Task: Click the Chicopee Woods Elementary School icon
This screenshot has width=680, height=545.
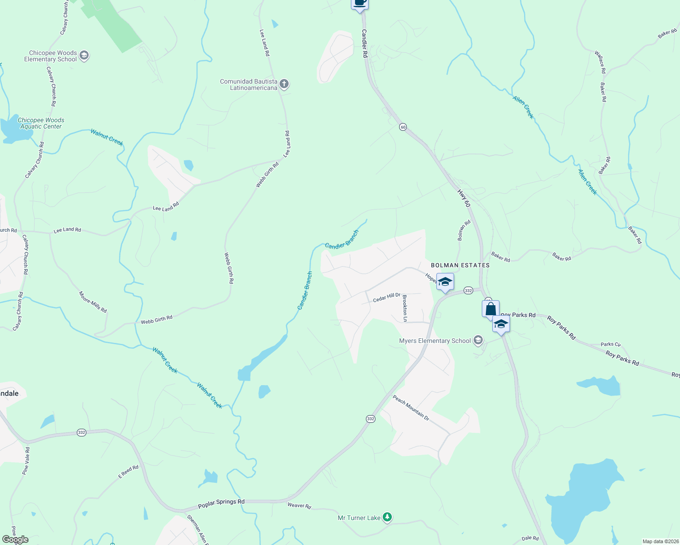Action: (x=84, y=56)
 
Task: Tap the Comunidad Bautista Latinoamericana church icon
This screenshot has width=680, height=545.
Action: (x=284, y=84)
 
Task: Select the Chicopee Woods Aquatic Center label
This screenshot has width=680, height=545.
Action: (x=41, y=123)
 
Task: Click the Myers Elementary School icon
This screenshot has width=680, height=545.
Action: (x=478, y=340)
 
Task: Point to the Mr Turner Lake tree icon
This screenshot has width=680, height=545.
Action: (x=387, y=517)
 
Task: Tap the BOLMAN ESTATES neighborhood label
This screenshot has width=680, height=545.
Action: (x=460, y=265)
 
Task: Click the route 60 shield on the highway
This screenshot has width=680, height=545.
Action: (x=403, y=127)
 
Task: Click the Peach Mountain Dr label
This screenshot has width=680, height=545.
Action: (x=411, y=408)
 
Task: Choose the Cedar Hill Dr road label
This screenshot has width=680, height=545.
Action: (x=386, y=297)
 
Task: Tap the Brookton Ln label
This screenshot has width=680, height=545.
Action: (x=405, y=308)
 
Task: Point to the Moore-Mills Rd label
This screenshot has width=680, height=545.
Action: (x=93, y=302)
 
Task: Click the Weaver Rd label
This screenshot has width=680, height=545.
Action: (x=299, y=505)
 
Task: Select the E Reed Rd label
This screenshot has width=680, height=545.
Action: (x=128, y=471)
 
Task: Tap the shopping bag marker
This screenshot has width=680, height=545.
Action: (x=490, y=309)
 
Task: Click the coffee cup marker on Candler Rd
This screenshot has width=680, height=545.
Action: (x=360, y=3)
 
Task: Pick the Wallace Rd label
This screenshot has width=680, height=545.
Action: (x=600, y=62)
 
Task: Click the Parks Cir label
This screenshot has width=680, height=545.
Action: (x=610, y=344)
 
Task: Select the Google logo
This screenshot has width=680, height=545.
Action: (x=15, y=540)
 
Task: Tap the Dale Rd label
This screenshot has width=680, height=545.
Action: (x=530, y=538)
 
